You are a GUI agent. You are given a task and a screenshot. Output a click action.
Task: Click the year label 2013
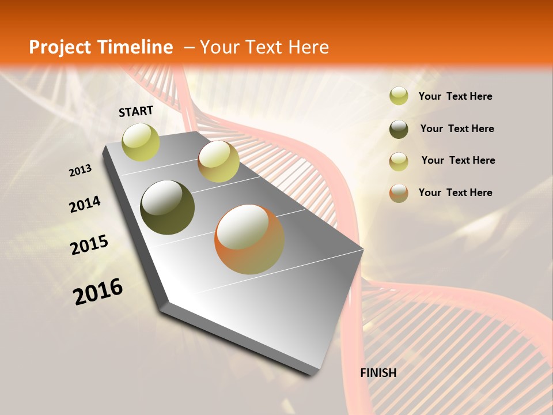[81, 171]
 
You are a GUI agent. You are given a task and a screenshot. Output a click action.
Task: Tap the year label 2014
[85, 205]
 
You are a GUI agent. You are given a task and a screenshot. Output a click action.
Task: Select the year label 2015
[89, 244]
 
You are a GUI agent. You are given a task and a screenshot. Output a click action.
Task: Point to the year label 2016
[98, 291]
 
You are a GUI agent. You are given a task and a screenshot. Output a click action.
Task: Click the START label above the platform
[136, 111]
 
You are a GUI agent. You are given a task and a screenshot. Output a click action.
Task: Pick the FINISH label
[378, 373]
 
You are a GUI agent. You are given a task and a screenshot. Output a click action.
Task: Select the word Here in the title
[309, 47]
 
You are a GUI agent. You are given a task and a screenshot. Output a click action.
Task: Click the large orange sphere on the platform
[249, 239]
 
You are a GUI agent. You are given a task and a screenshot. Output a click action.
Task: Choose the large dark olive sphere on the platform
[167, 207]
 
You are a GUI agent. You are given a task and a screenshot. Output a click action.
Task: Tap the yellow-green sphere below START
[141, 142]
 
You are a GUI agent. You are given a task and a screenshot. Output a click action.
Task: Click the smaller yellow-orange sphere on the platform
[218, 161]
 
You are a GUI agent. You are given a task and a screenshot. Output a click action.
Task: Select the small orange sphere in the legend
[399, 193]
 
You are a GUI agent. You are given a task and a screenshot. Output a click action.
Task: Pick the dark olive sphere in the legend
[399, 129]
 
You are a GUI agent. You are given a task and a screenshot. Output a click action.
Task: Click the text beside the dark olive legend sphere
[457, 129]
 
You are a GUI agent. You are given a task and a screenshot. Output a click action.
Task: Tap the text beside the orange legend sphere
[455, 193]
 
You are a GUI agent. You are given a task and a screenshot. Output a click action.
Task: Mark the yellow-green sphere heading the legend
[399, 96]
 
